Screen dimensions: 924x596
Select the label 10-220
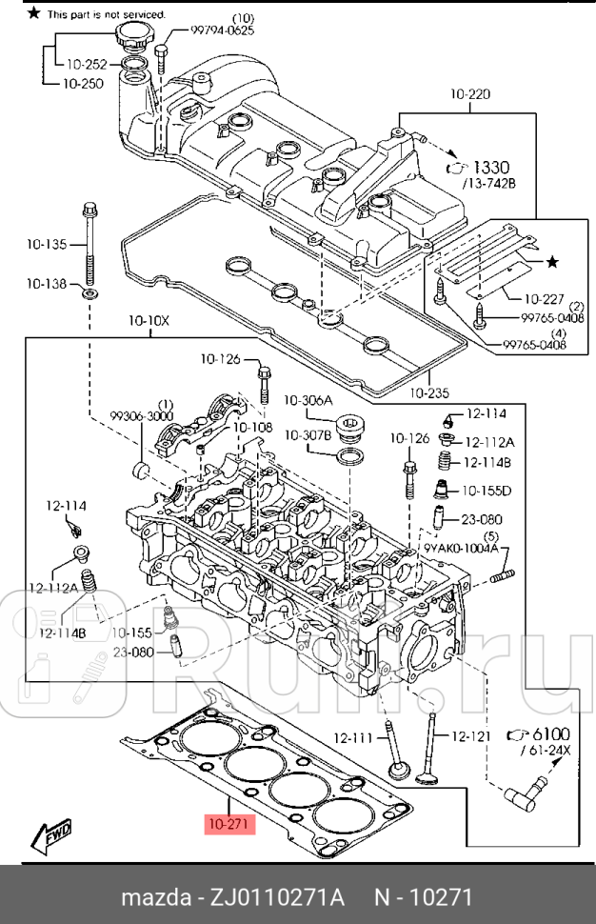[469, 94]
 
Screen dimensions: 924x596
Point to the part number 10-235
[427, 392]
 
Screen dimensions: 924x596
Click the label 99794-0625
[221, 30]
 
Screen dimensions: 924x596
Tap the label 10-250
[85, 84]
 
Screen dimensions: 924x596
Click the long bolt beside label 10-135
[90, 243]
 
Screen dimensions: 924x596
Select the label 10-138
[47, 284]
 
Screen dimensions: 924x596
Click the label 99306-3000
[141, 416]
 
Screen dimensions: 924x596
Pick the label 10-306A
[308, 399]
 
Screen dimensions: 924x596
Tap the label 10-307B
[308, 434]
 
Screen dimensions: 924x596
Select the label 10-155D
[487, 491]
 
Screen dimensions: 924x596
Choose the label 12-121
[469, 736]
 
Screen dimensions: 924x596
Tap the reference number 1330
[490, 167]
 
